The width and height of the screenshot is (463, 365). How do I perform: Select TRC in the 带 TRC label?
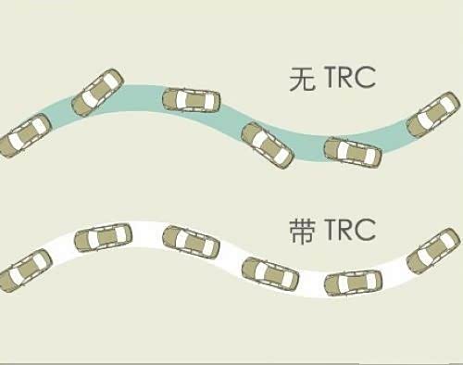pos(344,231)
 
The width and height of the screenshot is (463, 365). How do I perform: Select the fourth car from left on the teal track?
pos(268,145)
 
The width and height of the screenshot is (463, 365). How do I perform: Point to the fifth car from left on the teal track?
pos(353,150)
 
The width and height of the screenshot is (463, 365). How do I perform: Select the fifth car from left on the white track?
pos(354,282)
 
